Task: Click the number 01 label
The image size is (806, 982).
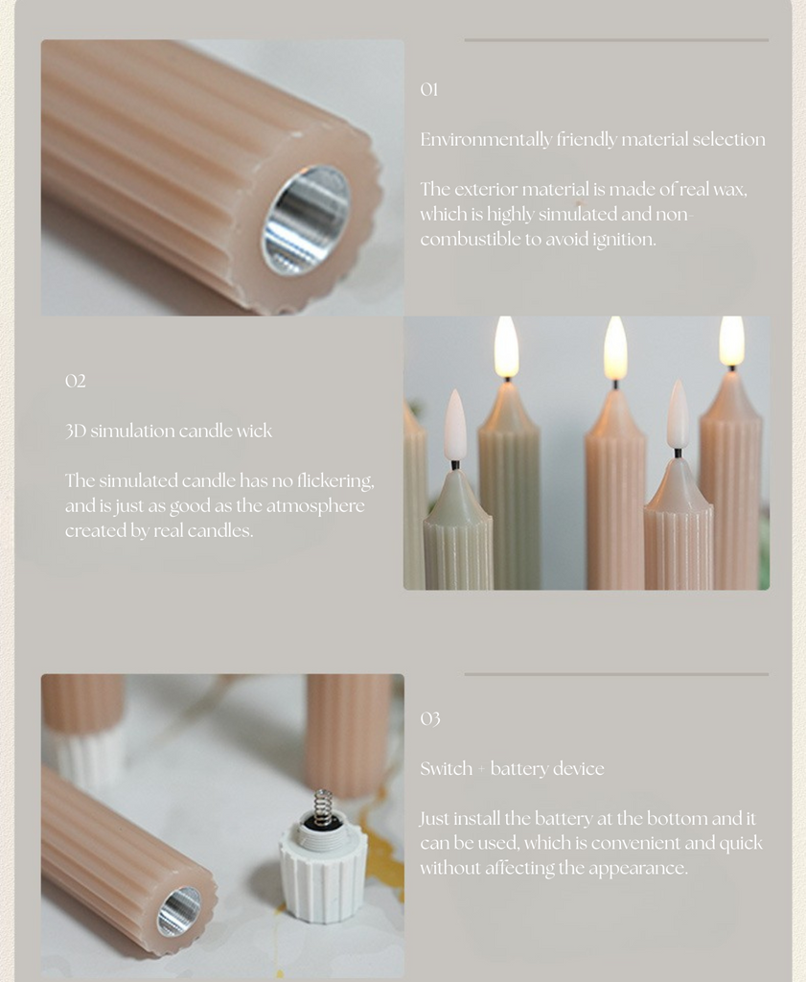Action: [x=429, y=89]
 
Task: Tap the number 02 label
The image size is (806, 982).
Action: [x=75, y=381]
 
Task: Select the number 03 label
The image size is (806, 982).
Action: [x=430, y=718]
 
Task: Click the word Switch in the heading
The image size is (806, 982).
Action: [x=447, y=768]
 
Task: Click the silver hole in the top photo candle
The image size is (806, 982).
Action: [x=306, y=221]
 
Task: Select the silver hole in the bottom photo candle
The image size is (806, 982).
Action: [x=179, y=911]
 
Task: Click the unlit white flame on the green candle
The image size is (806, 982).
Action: [x=455, y=426]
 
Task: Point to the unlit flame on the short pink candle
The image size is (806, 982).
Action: [x=678, y=414]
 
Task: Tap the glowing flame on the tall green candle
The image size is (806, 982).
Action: [x=506, y=346]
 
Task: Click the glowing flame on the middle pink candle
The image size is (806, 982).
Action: [x=615, y=348]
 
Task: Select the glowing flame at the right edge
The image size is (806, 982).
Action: [x=731, y=340]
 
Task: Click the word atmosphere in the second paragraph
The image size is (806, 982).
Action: [x=315, y=506]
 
